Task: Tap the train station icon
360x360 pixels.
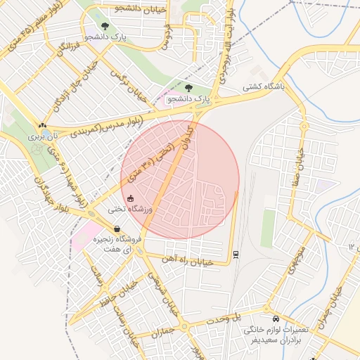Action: (236, 255)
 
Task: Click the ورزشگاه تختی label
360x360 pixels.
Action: (131, 210)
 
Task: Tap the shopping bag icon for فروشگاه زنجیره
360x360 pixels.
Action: (117, 229)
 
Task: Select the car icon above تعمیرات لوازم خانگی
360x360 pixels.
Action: (276, 317)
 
